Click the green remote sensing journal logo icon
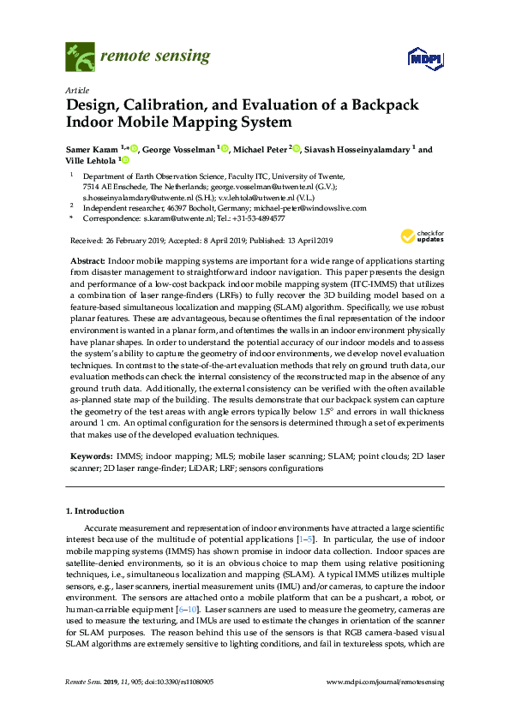click(x=80, y=57)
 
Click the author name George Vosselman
click(x=178, y=149)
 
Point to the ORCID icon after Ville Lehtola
click(x=124, y=160)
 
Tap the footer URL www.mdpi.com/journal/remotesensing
click(x=386, y=683)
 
